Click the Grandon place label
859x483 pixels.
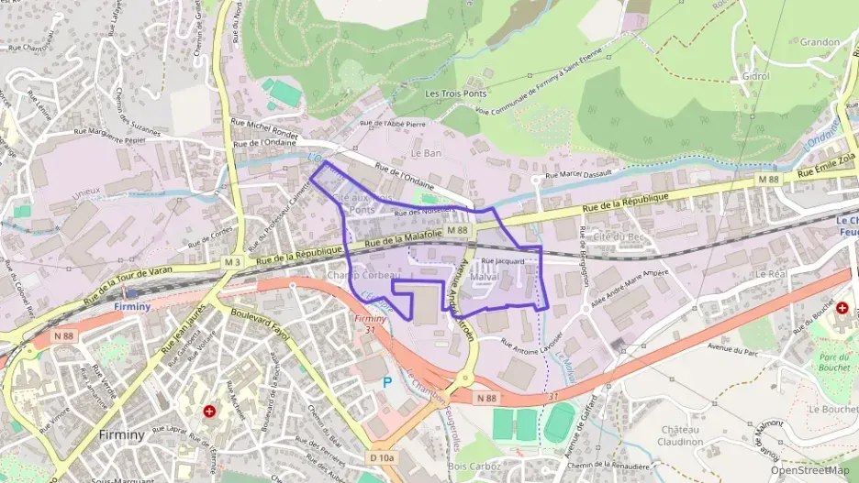tap(820, 41)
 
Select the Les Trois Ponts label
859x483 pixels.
tap(455, 93)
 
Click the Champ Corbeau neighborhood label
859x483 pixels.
tap(364, 275)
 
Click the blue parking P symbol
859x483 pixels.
tap(386, 381)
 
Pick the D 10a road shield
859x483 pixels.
tap(382, 457)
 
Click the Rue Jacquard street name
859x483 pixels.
tap(502, 261)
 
